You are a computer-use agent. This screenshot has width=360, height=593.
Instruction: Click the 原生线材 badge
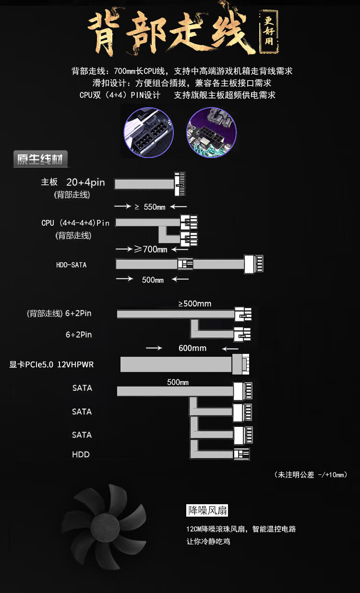click(40, 159)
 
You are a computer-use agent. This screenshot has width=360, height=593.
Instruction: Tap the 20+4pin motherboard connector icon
click(180, 184)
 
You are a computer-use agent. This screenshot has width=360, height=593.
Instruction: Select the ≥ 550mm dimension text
click(150, 207)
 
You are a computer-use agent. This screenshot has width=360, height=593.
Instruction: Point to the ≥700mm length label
click(151, 249)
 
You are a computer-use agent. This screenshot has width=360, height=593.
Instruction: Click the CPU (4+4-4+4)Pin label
click(75, 223)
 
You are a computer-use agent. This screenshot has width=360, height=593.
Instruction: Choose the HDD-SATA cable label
click(71, 265)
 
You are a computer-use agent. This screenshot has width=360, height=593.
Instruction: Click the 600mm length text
click(192, 348)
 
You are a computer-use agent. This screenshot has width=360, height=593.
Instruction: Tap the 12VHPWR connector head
click(240, 364)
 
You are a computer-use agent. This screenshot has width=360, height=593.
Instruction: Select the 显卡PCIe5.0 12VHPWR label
click(51, 364)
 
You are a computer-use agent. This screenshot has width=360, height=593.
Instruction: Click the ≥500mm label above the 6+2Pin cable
click(195, 303)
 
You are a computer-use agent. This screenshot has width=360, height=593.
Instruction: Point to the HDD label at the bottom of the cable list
click(81, 455)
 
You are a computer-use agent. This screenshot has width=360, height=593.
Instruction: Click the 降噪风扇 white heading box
click(207, 510)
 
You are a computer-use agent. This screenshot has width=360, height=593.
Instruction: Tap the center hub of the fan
click(104, 526)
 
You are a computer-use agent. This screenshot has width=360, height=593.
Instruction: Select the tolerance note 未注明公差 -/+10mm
click(311, 475)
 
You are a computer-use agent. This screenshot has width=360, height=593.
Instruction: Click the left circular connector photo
click(149, 133)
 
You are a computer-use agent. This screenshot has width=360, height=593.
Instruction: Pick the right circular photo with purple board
click(212, 133)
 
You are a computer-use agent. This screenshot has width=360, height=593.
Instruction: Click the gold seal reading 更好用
click(269, 31)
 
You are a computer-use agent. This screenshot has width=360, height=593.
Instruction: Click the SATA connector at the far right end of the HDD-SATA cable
click(253, 264)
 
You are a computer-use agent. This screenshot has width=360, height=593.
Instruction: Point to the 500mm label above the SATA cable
click(178, 382)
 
